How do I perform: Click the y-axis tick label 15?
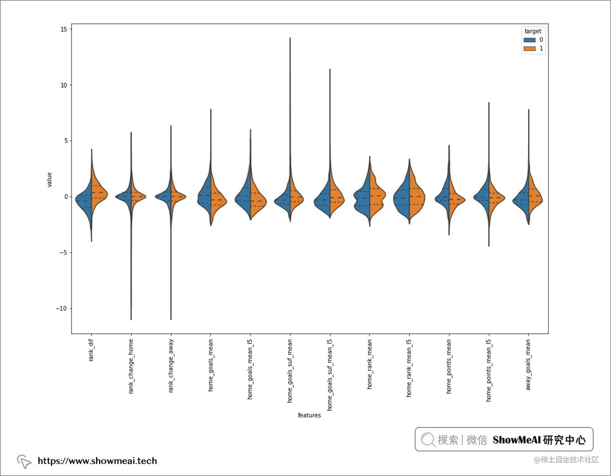click(64, 29)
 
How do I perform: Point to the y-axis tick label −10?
click(61, 308)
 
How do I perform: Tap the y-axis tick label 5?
click(66, 141)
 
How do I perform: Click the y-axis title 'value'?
click(49, 179)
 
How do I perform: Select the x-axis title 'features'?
click(309, 415)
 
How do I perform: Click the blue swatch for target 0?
click(529, 40)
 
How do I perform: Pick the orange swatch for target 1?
click(529, 49)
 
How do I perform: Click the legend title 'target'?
click(533, 31)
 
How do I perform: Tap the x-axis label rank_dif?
click(91, 350)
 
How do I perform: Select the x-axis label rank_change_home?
click(131, 366)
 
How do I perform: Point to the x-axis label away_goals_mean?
click(528, 365)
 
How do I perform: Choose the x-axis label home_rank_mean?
click(369, 364)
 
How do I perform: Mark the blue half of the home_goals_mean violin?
click(204, 196)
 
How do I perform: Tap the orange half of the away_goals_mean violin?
click(534, 196)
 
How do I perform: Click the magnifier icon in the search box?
click(428, 439)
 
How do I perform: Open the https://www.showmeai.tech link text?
click(97, 461)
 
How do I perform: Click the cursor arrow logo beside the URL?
click(24, 461)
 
